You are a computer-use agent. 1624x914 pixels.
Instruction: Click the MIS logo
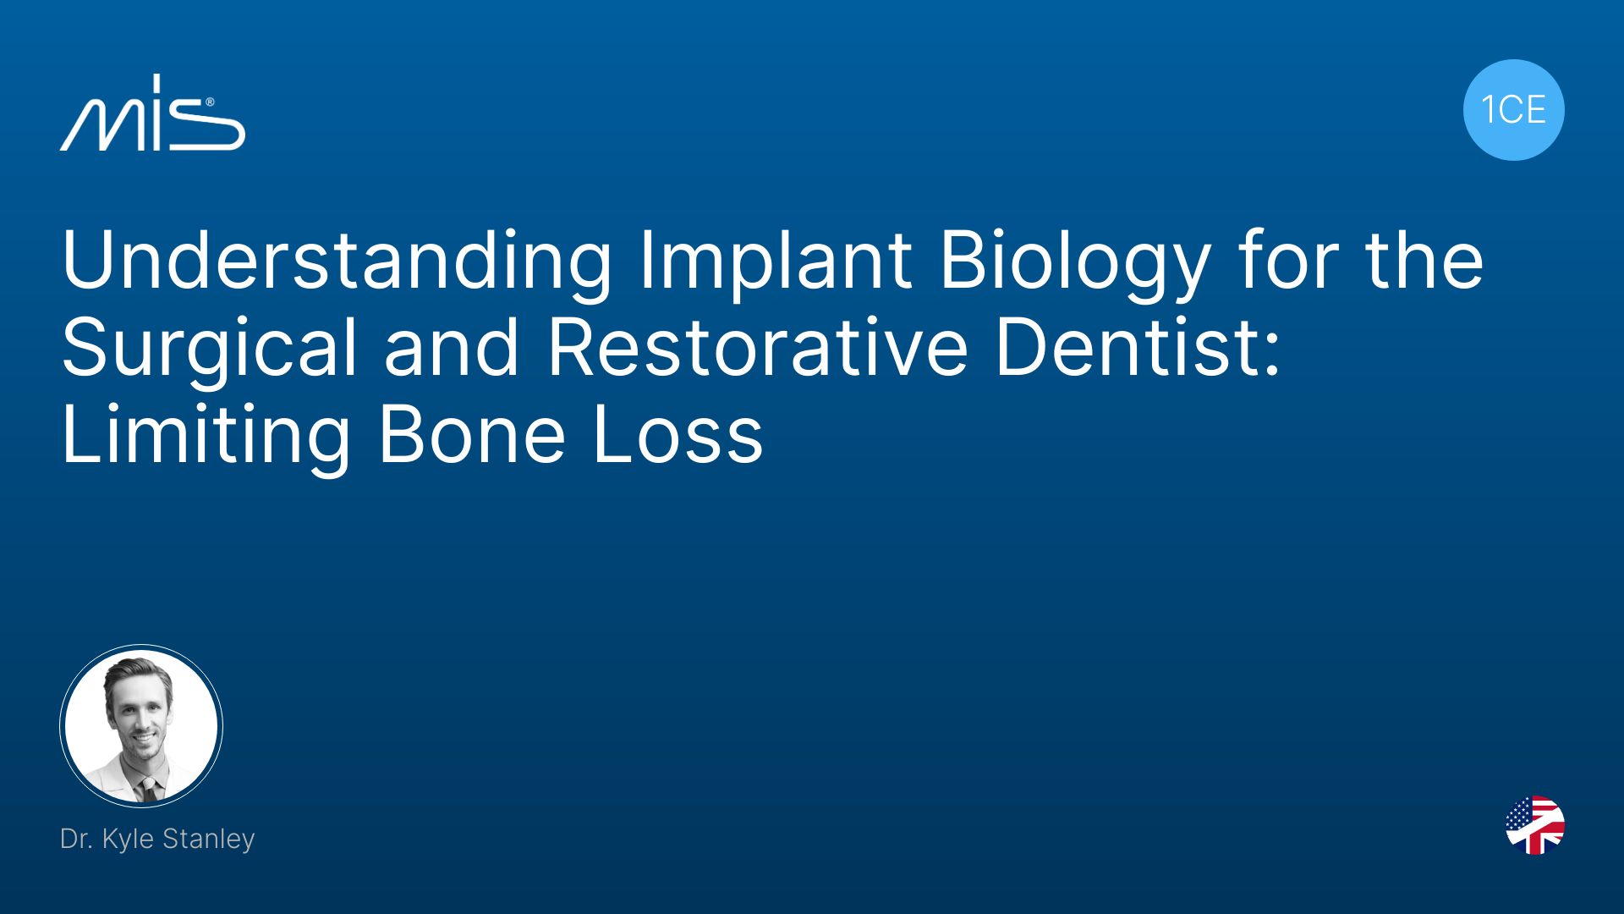(x=152, y=113)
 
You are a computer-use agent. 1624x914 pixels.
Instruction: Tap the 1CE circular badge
(x=1513, y=110)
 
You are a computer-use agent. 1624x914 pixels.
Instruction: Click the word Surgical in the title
(x=209, y=349)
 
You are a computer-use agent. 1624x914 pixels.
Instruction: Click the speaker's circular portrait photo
(x=141, y=725)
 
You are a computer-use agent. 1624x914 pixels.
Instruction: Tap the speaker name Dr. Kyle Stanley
(x=157, y=839)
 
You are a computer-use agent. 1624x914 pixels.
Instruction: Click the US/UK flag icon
(x=1534, y=825)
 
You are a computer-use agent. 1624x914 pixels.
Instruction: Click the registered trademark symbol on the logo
(x=210, y=102)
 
